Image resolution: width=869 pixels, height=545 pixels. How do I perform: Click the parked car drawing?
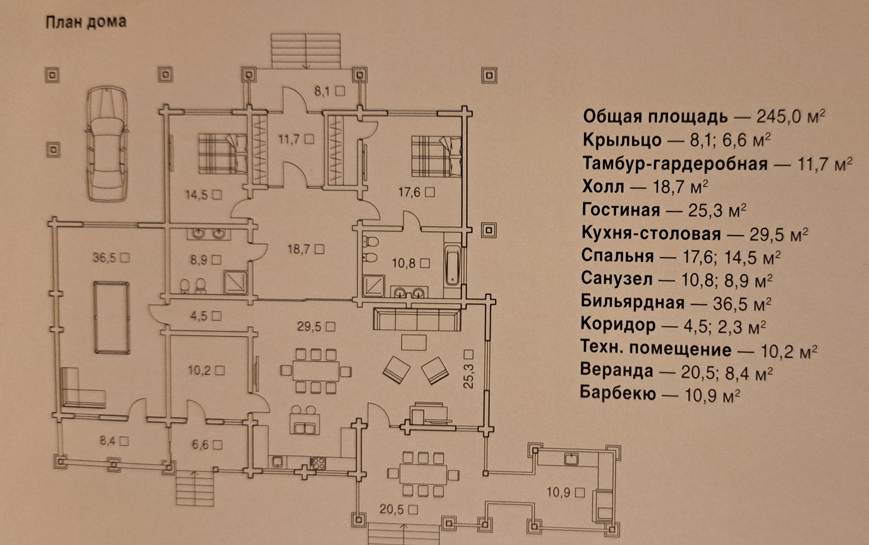point(107,143)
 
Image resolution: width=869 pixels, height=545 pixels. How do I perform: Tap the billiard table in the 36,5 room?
point(112,317)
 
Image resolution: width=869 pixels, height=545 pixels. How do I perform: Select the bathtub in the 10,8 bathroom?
point(453,266)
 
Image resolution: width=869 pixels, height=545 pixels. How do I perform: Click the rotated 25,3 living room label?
point(468,370)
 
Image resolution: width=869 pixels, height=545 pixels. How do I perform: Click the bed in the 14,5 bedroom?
point(222,153)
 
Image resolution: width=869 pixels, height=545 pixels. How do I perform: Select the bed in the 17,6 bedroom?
point(436,157)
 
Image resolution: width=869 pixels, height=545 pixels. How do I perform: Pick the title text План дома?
point(86,22)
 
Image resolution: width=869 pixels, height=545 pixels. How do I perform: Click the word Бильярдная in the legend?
point(632,302)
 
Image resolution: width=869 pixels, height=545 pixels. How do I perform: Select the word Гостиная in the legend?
point(621,210)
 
